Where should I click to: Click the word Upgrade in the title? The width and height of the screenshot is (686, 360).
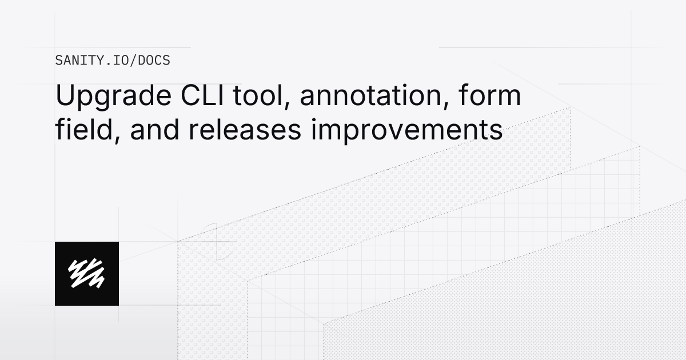[108, 96]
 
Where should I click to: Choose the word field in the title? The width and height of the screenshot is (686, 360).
[83, 130]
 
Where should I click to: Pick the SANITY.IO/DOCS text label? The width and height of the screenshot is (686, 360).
[113, 60]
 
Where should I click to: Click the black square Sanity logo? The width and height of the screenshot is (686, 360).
[87, 273]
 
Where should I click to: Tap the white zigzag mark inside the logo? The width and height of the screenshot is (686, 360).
[87, 273]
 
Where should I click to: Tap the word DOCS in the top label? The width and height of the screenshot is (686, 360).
[154, 60]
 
